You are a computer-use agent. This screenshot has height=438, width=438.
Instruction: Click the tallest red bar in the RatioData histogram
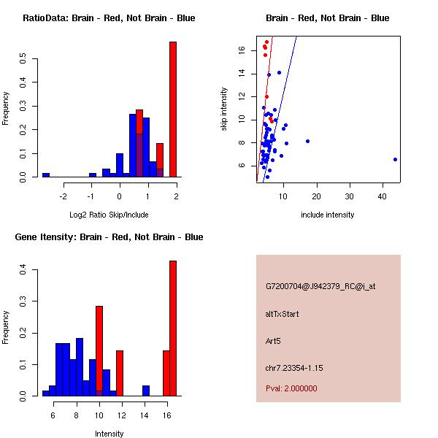tap(173, 109)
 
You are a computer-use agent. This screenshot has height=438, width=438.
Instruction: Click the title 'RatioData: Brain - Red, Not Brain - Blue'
tap(109, 18)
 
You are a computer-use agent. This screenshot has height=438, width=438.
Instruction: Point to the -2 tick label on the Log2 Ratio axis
tap(64, 196)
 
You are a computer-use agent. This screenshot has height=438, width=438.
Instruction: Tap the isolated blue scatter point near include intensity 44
tap(395, 159)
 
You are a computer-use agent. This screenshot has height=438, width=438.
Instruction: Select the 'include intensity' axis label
tap(328, 215)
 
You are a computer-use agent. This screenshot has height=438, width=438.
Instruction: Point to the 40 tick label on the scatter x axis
tap(382, 196)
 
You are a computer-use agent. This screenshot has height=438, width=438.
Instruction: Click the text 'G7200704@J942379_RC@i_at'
tap(320, 287)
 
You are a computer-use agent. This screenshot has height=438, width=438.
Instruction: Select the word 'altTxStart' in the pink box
tap(283, 314)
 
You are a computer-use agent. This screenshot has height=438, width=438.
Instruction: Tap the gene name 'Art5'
tap(274, 340)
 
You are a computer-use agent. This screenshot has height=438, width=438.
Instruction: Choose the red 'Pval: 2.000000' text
tap(292, 388)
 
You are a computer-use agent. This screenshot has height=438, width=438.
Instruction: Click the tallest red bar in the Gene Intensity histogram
tap(173, 328)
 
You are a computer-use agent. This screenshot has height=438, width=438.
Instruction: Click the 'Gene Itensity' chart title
tap(109, 237)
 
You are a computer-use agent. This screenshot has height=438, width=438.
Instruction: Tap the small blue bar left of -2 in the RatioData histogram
tap(46, 175)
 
